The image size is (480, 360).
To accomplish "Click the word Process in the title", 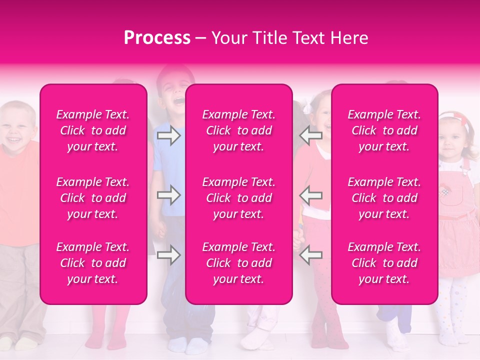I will point(157,38).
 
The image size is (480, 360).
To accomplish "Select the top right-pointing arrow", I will point(168,135).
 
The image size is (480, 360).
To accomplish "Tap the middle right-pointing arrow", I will point(168,195).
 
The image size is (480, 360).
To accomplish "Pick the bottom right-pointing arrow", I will point(168,255).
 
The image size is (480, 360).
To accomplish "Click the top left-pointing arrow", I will point(310,135).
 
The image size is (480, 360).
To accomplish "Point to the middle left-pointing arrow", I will point(310,195).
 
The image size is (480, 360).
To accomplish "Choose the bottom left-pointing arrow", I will point(310,255).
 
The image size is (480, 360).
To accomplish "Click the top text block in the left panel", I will point(93,130).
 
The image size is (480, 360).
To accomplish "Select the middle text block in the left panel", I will point(93,198).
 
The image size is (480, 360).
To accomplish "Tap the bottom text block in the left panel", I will point(93,263).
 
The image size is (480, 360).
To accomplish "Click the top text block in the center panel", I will point(238,130).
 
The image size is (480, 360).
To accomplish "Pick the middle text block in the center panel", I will point(238,198).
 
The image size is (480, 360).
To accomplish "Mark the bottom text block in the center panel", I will point(238,263).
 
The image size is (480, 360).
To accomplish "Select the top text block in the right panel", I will point(384,130).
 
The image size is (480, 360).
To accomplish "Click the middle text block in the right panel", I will point(384,198).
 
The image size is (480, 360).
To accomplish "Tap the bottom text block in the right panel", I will point(384,263).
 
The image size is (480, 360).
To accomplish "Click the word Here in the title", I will point(350,38).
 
